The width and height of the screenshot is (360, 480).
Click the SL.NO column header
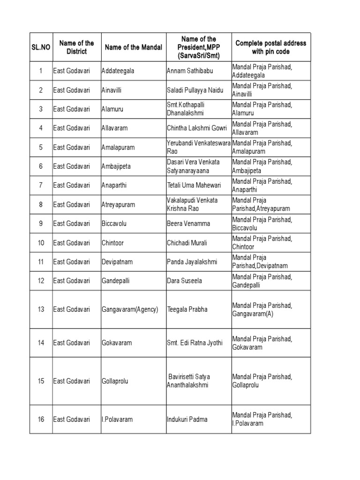coord(40,47)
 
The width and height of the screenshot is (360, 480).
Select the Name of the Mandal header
coord(134,47)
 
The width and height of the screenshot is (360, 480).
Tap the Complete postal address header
coord(270,47)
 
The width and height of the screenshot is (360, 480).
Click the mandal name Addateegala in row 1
coord(118,71)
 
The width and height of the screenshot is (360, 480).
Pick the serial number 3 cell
coord(41,109)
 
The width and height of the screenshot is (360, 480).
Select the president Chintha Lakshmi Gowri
coord(197,128)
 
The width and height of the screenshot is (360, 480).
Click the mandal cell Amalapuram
coord(118,147)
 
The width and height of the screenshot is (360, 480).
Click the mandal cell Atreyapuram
coord(119,204)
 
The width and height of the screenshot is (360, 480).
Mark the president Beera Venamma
coord(188,224)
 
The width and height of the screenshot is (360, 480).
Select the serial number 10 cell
coord(41,243)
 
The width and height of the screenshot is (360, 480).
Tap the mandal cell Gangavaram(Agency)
coord(130,309)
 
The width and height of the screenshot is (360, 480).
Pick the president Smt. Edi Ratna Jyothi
coord(195,343)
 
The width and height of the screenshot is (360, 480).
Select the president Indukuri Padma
coord(187,420)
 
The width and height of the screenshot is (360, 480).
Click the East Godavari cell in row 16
coord(71,420)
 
